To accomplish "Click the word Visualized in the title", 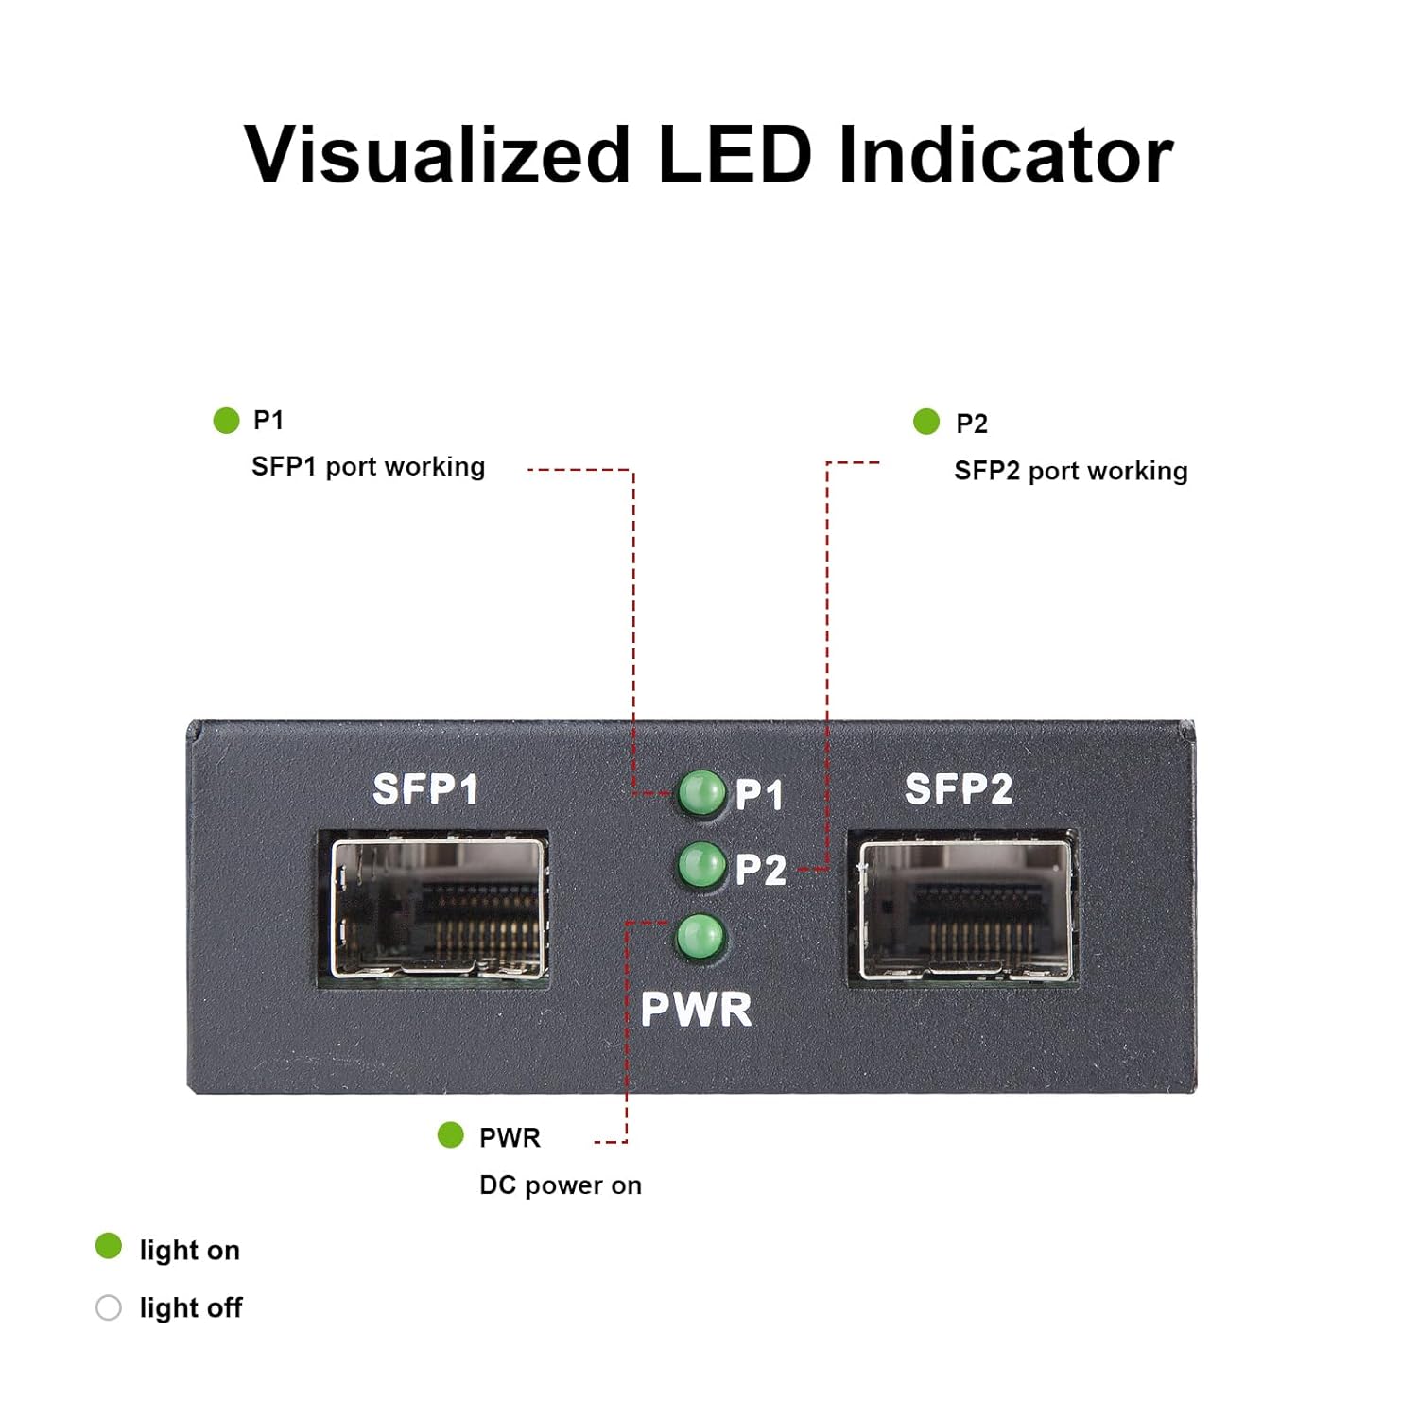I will pos(437,154).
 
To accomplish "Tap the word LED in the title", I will pos(734,154).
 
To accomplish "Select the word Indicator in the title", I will pos(1006,154).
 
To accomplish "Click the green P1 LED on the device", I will pos(701,792).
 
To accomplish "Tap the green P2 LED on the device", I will pos(701,864).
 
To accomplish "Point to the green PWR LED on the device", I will pos(700,938).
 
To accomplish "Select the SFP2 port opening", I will pos(965,909).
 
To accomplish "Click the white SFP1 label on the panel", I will pos(424,789).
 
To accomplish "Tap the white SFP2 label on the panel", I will pos(958,789).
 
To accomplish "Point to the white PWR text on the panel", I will pos(696,1010).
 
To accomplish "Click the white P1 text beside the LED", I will pos(759,795).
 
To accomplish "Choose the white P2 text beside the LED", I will pos(760,870).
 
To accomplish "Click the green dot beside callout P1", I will pos(226,420).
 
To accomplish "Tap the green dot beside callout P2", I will pos(926,422).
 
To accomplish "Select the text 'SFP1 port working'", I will pos(368,467).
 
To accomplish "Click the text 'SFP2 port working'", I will pos(1070,471).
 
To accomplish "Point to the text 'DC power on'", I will pos(560,1185).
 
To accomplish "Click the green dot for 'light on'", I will pos(109,1246).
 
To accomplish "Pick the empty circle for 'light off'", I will pos(109,1307).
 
